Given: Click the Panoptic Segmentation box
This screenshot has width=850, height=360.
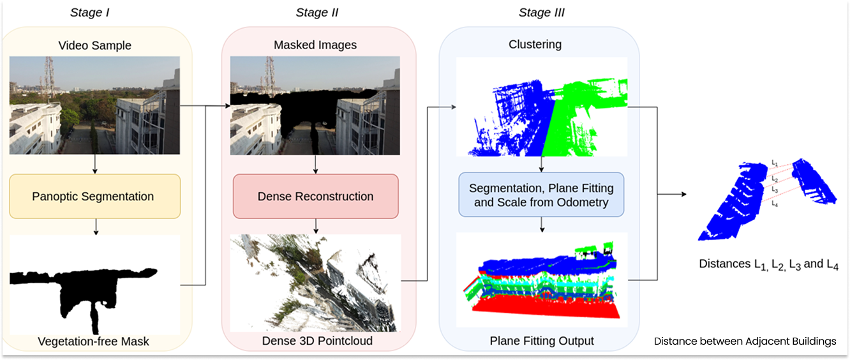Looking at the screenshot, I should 94,197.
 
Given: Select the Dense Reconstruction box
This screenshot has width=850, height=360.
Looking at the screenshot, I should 315,196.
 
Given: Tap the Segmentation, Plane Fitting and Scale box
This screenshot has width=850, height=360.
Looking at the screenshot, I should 541,195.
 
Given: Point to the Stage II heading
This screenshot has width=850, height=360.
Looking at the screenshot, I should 317,13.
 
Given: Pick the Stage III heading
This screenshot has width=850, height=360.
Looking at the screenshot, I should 542,13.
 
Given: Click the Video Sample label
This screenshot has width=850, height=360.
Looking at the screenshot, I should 94,45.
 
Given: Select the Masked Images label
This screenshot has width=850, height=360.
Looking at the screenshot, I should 315,45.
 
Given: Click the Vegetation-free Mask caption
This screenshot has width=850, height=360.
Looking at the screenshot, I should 93,341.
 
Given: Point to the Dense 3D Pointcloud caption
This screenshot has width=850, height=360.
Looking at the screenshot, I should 317,341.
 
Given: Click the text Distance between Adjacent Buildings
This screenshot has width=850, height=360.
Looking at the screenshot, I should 745,341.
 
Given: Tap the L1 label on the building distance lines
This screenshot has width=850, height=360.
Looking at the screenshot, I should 774,163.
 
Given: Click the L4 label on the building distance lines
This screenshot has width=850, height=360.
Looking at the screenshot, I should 774,204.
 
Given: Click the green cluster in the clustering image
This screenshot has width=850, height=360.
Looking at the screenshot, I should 574,115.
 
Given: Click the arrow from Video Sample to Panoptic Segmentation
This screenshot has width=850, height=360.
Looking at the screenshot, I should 94,164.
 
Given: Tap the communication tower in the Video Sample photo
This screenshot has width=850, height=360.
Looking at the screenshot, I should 48,73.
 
